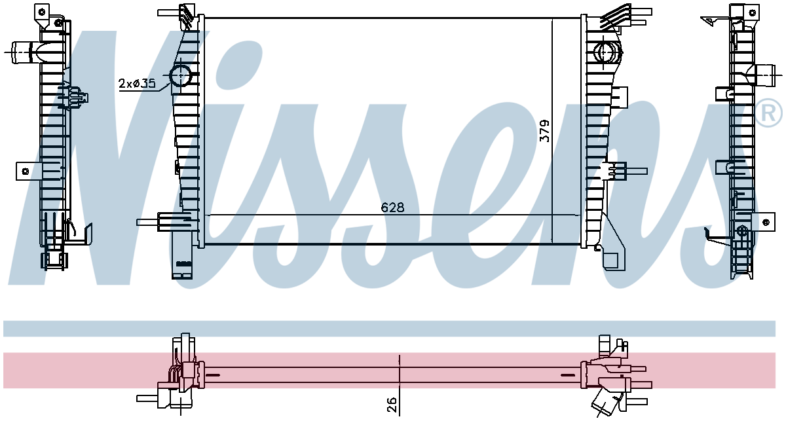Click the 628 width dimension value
click(392, 208)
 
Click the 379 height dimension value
click(544, 131)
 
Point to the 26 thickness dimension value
click(392, 404)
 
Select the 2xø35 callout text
click(137, 84)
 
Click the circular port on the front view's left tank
click(180, 75)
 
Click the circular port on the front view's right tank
click(604, 52)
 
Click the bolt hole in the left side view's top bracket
click(42, 12)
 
